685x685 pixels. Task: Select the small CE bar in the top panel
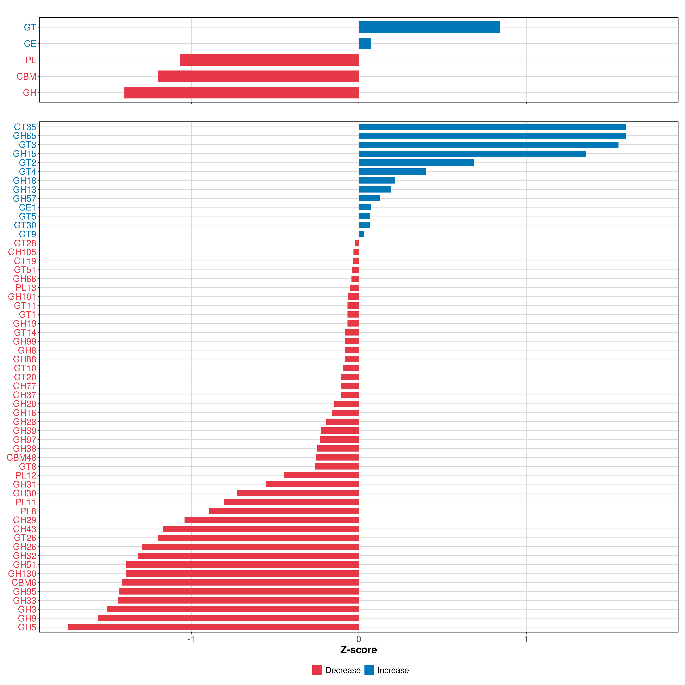pyautogui.click(x=365, y=44)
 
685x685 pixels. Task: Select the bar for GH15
pyautogui.click(x=472, y=154)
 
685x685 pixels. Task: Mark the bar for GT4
pyautogui.click(x=392, y=172)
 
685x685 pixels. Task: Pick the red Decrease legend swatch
pyautogui.click(x=317, y=670)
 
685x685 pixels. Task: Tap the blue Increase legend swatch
pyautogui.click(x=369, y=670)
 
